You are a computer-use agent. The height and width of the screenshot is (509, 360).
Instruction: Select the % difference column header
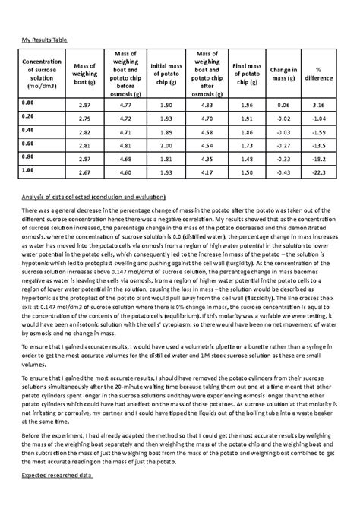click(319, 74)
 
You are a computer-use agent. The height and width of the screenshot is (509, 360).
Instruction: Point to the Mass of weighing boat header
click(84, 74)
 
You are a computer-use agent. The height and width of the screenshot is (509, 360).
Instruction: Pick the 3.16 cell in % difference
click(319, 104)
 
